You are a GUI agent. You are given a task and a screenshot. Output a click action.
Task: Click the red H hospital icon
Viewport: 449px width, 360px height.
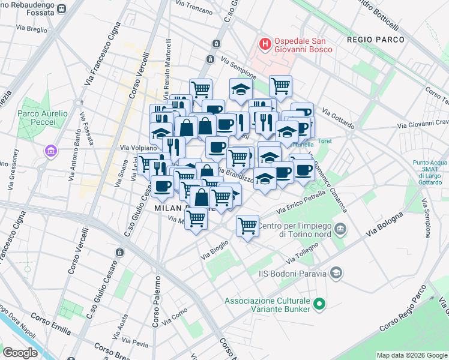[x=264, y=44]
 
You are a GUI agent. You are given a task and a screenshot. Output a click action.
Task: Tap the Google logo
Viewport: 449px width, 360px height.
[x=20, y=353]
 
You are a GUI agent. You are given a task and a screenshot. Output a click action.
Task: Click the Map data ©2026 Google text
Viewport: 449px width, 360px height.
[x=411, y=355]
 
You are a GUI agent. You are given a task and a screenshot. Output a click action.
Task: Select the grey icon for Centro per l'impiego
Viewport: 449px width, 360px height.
[x=341, y=229]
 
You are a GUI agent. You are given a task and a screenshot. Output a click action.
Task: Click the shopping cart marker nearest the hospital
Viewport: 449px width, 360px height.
[x=280, y=86]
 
